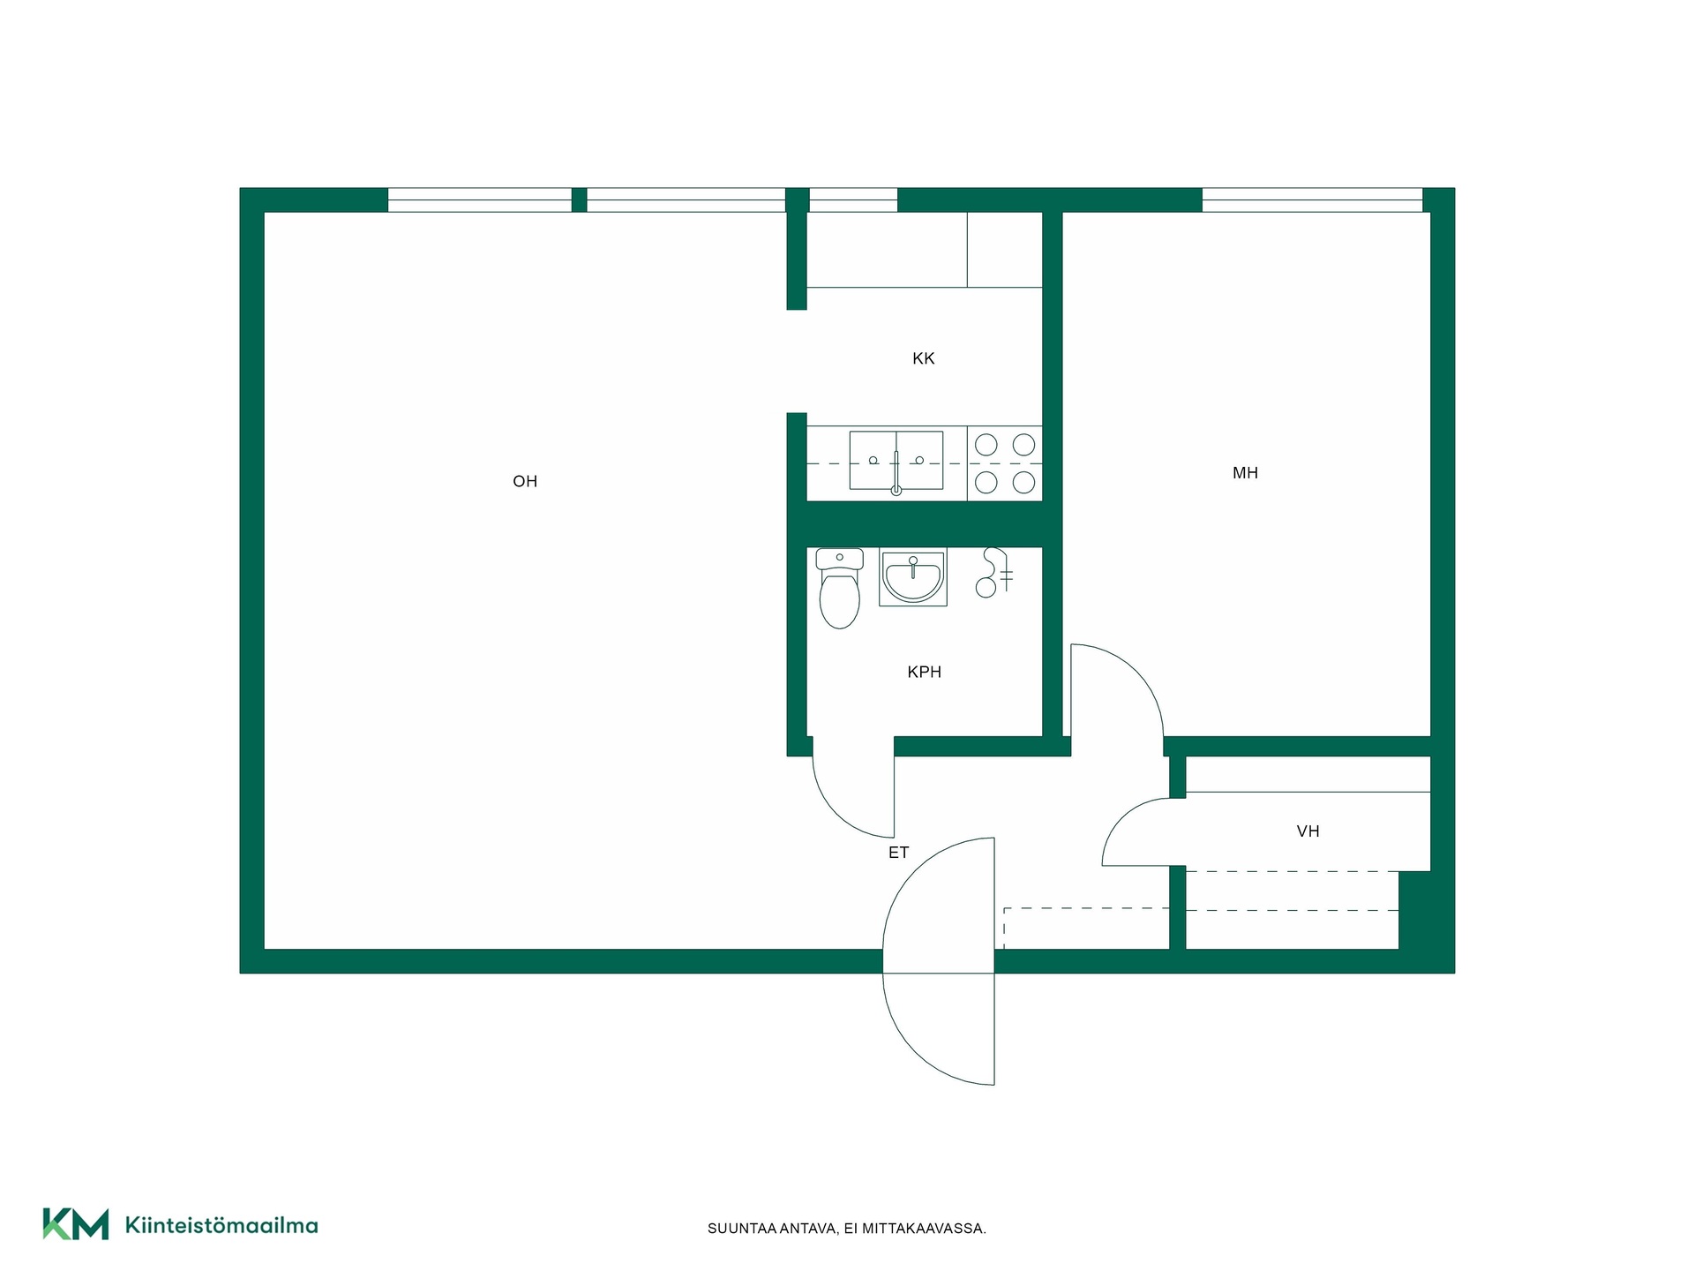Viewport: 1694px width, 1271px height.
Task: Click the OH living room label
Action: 525,481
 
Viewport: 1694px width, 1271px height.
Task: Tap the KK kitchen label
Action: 924,358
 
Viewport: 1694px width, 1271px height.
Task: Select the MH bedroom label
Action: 1245,473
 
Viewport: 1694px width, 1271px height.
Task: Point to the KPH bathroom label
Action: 925,672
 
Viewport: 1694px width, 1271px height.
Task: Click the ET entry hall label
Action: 898,853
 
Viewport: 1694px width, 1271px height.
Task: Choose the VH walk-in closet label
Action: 1308,831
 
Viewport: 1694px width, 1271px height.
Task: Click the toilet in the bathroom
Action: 839,588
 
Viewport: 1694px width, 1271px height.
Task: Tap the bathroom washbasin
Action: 913,577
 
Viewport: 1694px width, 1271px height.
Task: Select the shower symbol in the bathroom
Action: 993,572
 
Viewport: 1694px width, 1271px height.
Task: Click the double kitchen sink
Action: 896,460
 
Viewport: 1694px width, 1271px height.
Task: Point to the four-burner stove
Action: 1005,463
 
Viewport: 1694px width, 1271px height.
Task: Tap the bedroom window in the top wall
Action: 1312,199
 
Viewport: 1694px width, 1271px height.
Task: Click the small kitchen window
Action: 853,199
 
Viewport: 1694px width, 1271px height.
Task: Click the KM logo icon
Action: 76,1224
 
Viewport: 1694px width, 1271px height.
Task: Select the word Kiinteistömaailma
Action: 221,1225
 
